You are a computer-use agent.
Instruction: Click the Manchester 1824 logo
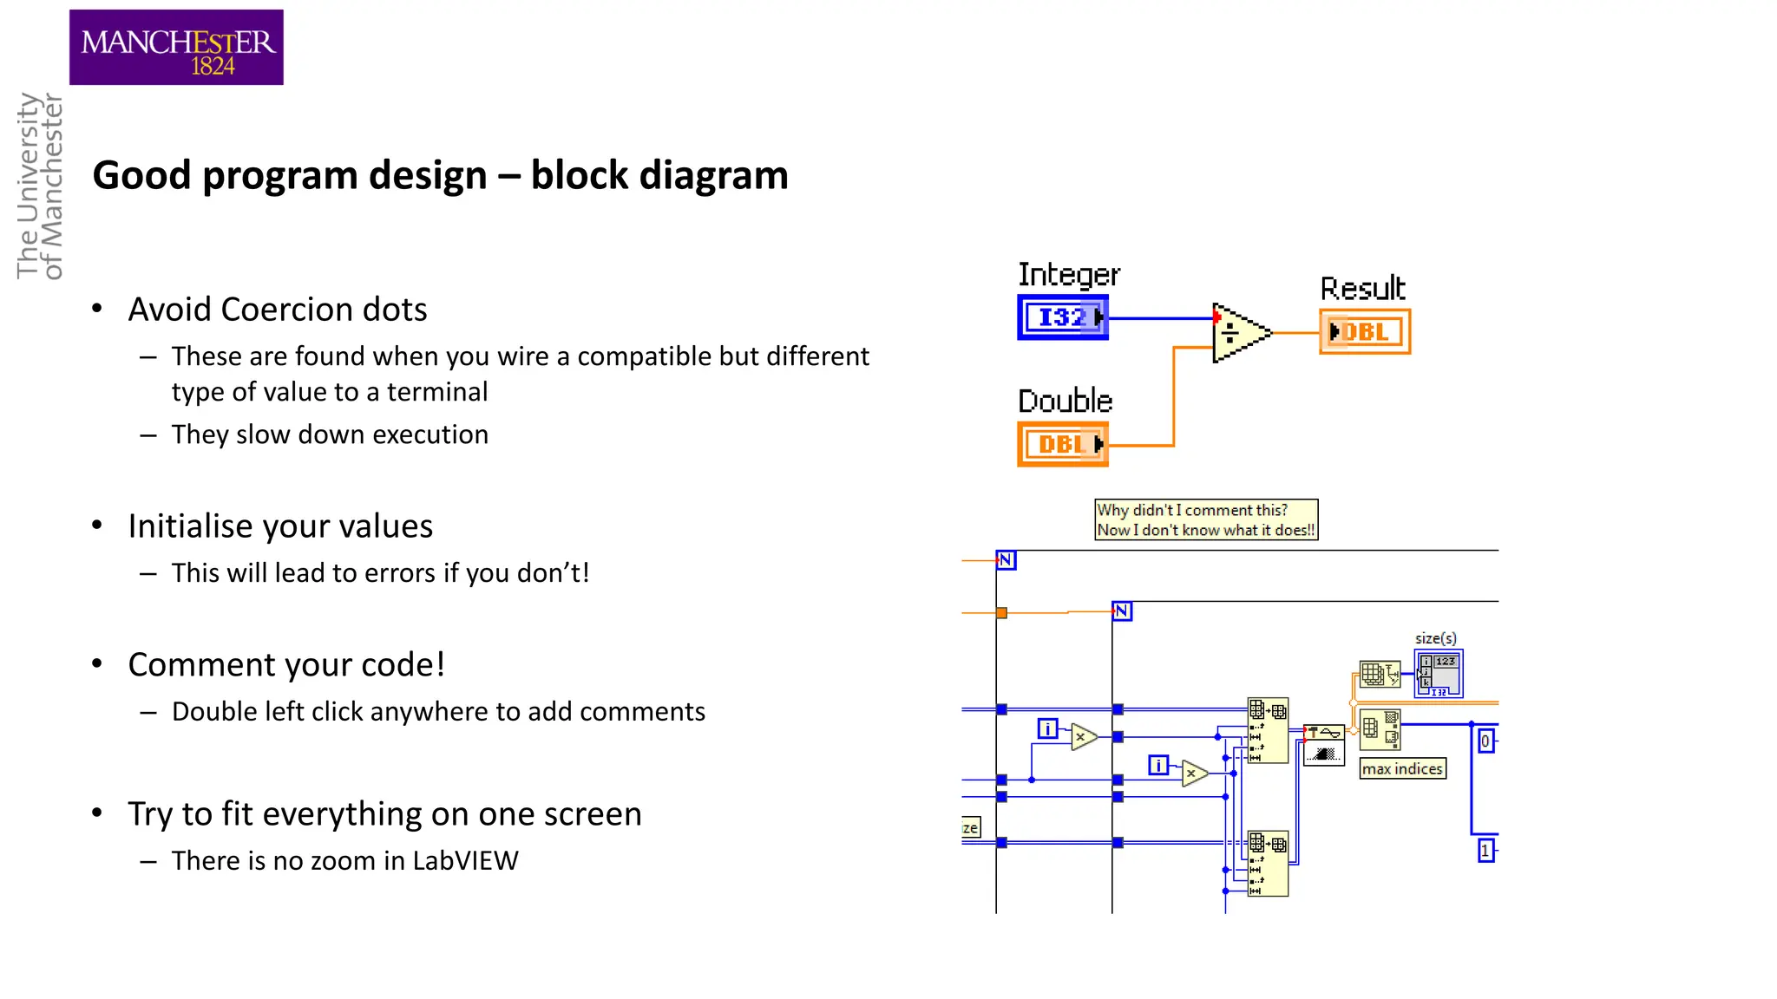pos(176,48)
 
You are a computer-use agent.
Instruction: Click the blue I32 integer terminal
pos(1063,317)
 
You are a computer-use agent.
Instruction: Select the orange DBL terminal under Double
pos(1063,445)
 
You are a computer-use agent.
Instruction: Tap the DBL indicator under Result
pos(1365,332)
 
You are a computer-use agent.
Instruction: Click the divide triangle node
pos(1238,333)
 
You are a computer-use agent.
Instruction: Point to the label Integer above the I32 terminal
pos(1068,275)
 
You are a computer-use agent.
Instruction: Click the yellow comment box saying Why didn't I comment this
pos(1206,519)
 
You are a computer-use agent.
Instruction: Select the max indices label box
pos(1402,769)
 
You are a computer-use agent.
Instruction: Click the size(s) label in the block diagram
pos(1435,638)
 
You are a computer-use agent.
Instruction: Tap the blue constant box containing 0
pos(1485,741)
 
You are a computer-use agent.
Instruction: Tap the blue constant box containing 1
pos(1485,851)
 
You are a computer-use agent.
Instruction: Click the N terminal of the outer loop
pos(1006,560)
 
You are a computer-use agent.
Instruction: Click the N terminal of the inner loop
pos(1122,611)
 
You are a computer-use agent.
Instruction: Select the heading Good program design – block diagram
pos(440,175)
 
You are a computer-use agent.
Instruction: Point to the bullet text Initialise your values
pos(280,526)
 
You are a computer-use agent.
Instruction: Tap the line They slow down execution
pos(330,434)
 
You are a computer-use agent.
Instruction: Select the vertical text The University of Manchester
pos(40,186)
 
